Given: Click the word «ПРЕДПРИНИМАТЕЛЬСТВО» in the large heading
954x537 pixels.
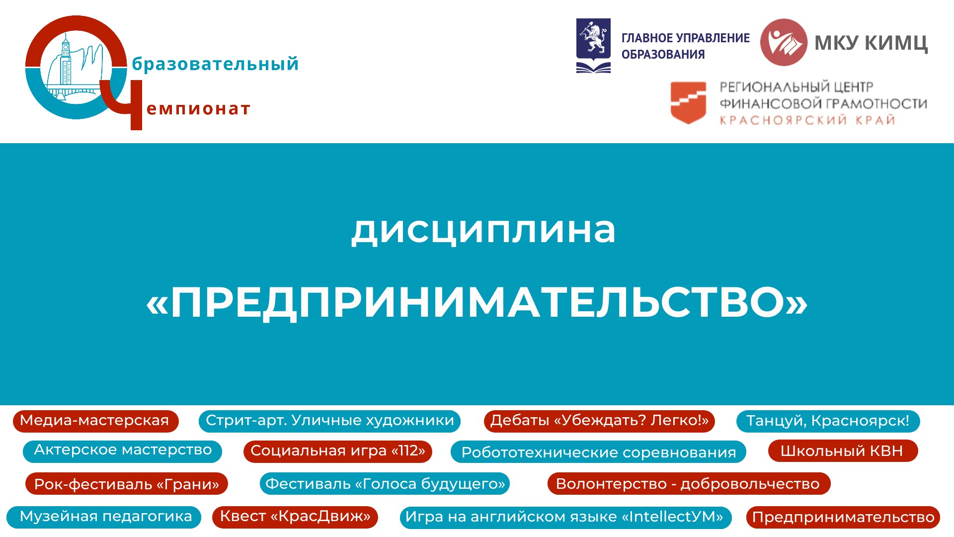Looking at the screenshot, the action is pyautogui.click(x=477, y=302).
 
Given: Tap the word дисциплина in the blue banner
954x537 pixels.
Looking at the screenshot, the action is pyautogui.click(x=483, y=230).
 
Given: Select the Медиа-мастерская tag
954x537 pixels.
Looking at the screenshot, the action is pyautogui.click(x=95, y=421).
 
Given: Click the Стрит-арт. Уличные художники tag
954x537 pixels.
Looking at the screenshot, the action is pyautogui.click(x=329, y=421).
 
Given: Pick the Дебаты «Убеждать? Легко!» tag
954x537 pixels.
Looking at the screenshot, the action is pyautogui.click(x=599, y=421).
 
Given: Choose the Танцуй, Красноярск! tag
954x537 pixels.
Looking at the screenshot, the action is pyautogui.click(x=828, y=421).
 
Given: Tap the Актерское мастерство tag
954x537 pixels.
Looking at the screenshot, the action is pyautogui.click(x=123, y=451).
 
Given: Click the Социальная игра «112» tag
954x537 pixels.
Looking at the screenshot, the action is pyautogui.click(x=338, y=451).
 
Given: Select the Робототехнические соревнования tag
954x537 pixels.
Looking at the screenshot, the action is pyautogui.click(x=598, y=452).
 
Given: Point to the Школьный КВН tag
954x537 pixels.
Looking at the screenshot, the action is pyautogui.click(x=843, y=451).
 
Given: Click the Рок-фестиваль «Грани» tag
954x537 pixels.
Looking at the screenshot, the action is pyautogui.click(x=127, y=484).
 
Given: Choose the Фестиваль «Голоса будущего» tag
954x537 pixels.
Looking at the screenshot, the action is pyautogui.click(x=385, y=484).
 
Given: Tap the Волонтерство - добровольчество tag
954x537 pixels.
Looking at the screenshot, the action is pyautogui.click(x=689, y=484).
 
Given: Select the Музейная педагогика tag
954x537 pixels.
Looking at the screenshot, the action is pyautogui.click(x=104, y=517).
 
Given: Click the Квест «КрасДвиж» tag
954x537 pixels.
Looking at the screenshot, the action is pyautogui.click(x=295, y=517).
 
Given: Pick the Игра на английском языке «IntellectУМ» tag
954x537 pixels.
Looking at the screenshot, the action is pyautogui.click(x=565, y=518).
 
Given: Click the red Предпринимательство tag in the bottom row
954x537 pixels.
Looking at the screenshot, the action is pyautogui.click(x=843, y=518).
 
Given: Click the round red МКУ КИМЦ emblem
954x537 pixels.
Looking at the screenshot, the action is pyautogui.click(x=784, y=42).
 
